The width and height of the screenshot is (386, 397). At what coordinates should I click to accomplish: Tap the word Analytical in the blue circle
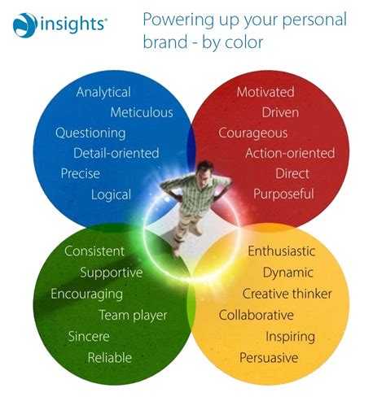(103, 92)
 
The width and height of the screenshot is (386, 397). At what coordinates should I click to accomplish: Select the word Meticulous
(142, 112)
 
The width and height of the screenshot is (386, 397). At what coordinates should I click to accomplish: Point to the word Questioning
(90, 133)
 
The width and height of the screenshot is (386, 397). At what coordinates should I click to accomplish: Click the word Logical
(111, 194)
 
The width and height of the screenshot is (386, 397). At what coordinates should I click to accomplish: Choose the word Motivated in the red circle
(265, 92)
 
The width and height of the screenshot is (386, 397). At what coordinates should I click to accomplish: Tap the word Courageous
(253, 133)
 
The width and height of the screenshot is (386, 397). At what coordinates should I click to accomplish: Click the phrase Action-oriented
(290, 153)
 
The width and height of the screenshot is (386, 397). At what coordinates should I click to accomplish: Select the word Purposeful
(283, 194)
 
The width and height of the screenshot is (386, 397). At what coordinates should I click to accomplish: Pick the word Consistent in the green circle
(94, 251)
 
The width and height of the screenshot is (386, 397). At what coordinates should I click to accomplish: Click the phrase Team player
(133, 315)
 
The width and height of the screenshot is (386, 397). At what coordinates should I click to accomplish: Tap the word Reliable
(110, 357)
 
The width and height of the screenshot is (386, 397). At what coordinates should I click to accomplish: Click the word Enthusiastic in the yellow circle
(282, 251)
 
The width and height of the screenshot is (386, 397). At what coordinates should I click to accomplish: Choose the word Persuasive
(269, 357)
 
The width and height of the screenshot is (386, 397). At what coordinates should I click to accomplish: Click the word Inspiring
(291, 336)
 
